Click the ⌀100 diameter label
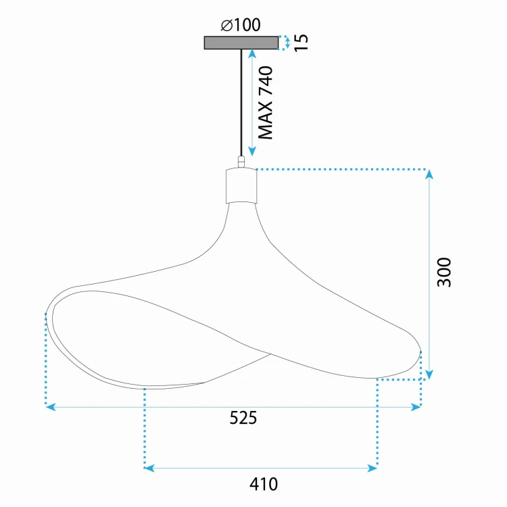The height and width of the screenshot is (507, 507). pos(241,25)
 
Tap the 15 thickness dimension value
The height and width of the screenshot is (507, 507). pos(301,43)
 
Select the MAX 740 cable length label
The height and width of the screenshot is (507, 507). pos(266,103)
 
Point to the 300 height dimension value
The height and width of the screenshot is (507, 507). pos(444,272)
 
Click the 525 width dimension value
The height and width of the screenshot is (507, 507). pos(243,418)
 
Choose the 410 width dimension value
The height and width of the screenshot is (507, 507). pos(264,484)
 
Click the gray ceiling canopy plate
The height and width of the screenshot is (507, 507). pos(241,43)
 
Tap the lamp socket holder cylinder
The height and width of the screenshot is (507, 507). pos(241,186)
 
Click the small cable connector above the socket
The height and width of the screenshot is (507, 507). pos(241,162)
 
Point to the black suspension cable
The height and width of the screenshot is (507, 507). pos(241,103)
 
